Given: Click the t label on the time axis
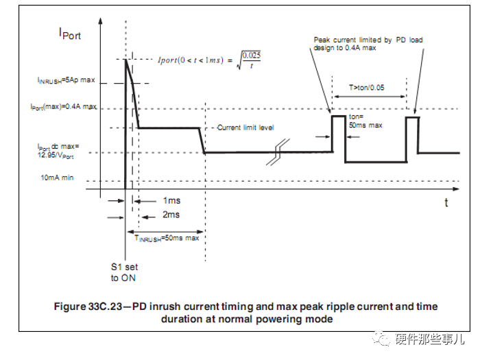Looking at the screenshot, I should click(x=446, y=203).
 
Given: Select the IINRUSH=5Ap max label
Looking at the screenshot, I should click(x=66, y=80).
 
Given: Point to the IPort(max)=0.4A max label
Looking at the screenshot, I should click(x=63, y=108).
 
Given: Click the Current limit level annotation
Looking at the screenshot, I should click(x=247, y=128).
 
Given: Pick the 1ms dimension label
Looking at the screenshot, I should click(x=171, y=201).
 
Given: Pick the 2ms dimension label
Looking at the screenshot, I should click(x=171, y=215).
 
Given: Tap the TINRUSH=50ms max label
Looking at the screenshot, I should click(x=167, y=238).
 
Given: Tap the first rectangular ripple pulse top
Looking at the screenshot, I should click(x=338, y=116).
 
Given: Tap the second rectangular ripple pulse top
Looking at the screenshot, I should click(x=411, y=117).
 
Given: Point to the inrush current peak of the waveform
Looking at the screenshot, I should click(x=125, y=60).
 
